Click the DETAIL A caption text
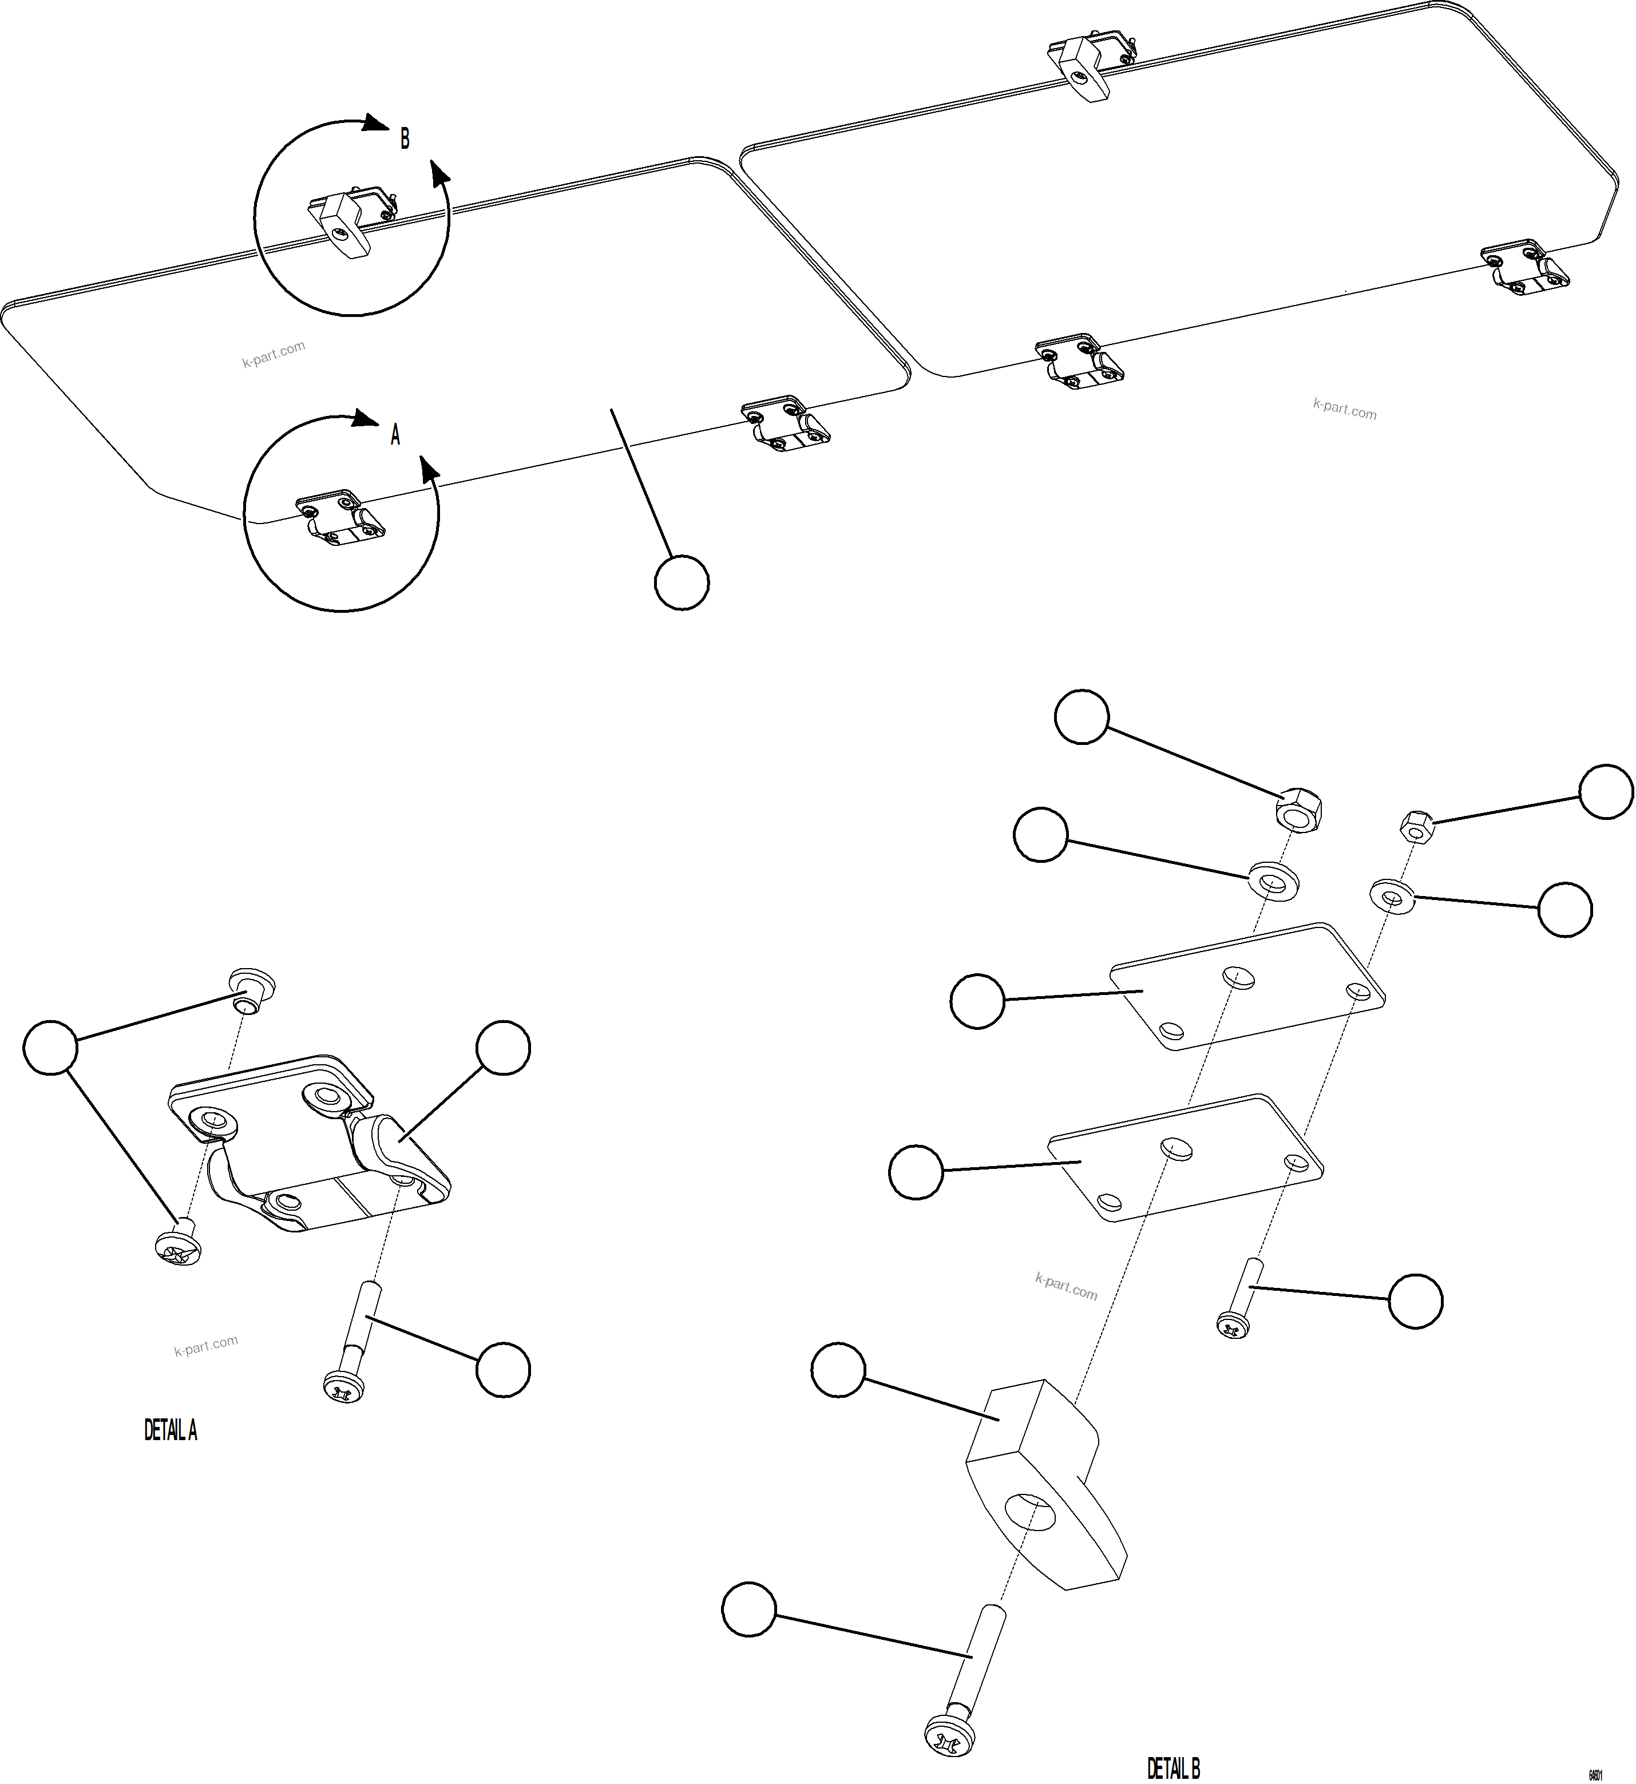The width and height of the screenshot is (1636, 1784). pyautogui.click(x=171, y=1430)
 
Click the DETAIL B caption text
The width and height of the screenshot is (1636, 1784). pyautogui.click(x=1173, y=1768)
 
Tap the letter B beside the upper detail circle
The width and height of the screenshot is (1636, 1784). pyautogui.click(x=405, y=139)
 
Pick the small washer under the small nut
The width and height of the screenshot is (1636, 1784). pyautogui.click(x=1392, y=897)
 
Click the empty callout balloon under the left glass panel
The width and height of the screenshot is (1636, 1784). pyautogui.click(x=682, y=582)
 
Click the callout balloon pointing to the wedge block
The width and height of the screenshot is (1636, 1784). pyautogui.click(x=838, y=1370)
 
